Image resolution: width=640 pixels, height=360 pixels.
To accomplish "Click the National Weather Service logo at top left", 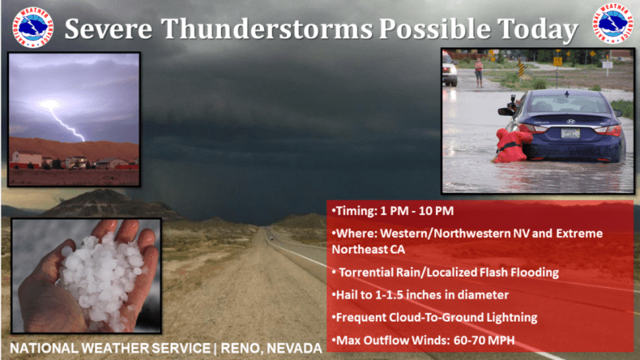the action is coord(33,27).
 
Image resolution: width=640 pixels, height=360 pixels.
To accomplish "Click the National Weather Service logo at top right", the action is coord(613,23).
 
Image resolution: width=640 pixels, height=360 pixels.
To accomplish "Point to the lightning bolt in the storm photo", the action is coord(66,122).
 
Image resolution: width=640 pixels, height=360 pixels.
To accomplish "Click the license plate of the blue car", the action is coord(570,133).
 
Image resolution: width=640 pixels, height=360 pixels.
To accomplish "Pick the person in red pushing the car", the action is coord(511,146).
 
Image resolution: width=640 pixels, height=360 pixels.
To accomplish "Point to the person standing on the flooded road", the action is coord(478,73).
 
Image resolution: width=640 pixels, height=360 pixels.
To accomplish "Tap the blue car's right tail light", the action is coord(610,130).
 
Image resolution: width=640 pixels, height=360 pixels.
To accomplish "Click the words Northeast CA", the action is coord(368,250).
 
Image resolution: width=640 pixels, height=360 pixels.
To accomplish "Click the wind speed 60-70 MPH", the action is coord(484,340).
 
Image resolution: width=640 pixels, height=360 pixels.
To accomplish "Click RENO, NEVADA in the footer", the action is coord(271,349).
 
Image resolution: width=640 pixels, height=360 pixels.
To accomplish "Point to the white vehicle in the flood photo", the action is coord(450,70).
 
